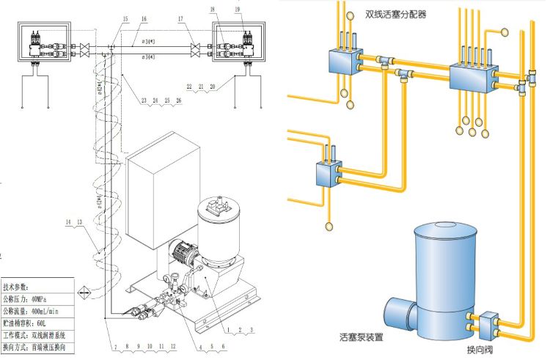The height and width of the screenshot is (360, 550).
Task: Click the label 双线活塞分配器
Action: pos(395,13)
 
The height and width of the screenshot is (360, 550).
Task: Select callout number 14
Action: pos(70,221)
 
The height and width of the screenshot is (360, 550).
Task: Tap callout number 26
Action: pos(178,100)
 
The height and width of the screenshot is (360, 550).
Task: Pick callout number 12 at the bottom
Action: pos(173,345)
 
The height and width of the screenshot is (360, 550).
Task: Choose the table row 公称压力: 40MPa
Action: pos(37,300)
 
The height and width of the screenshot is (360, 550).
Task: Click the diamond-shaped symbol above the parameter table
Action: pos(85,293)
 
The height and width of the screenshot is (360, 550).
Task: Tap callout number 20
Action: pos(213,87)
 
